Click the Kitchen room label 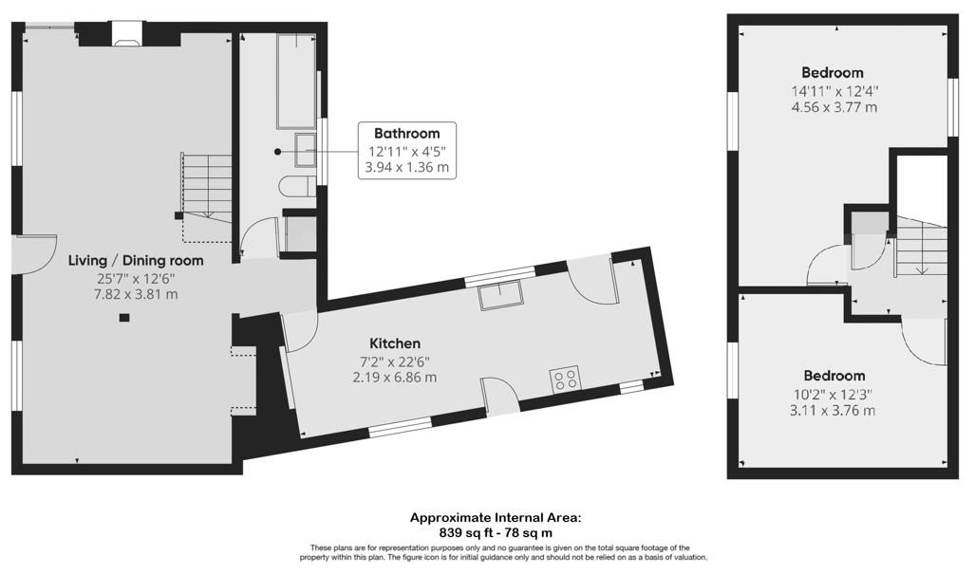395,343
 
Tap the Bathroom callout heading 406,133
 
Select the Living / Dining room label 136,260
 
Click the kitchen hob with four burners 564,379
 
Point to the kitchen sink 500,296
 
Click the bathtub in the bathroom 296,82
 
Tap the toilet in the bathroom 297,187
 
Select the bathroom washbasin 306,150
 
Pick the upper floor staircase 921,246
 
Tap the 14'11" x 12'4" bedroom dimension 834,91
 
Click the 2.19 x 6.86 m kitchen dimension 395,377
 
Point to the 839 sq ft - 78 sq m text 496,532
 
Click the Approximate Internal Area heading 496,517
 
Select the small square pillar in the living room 124,318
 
